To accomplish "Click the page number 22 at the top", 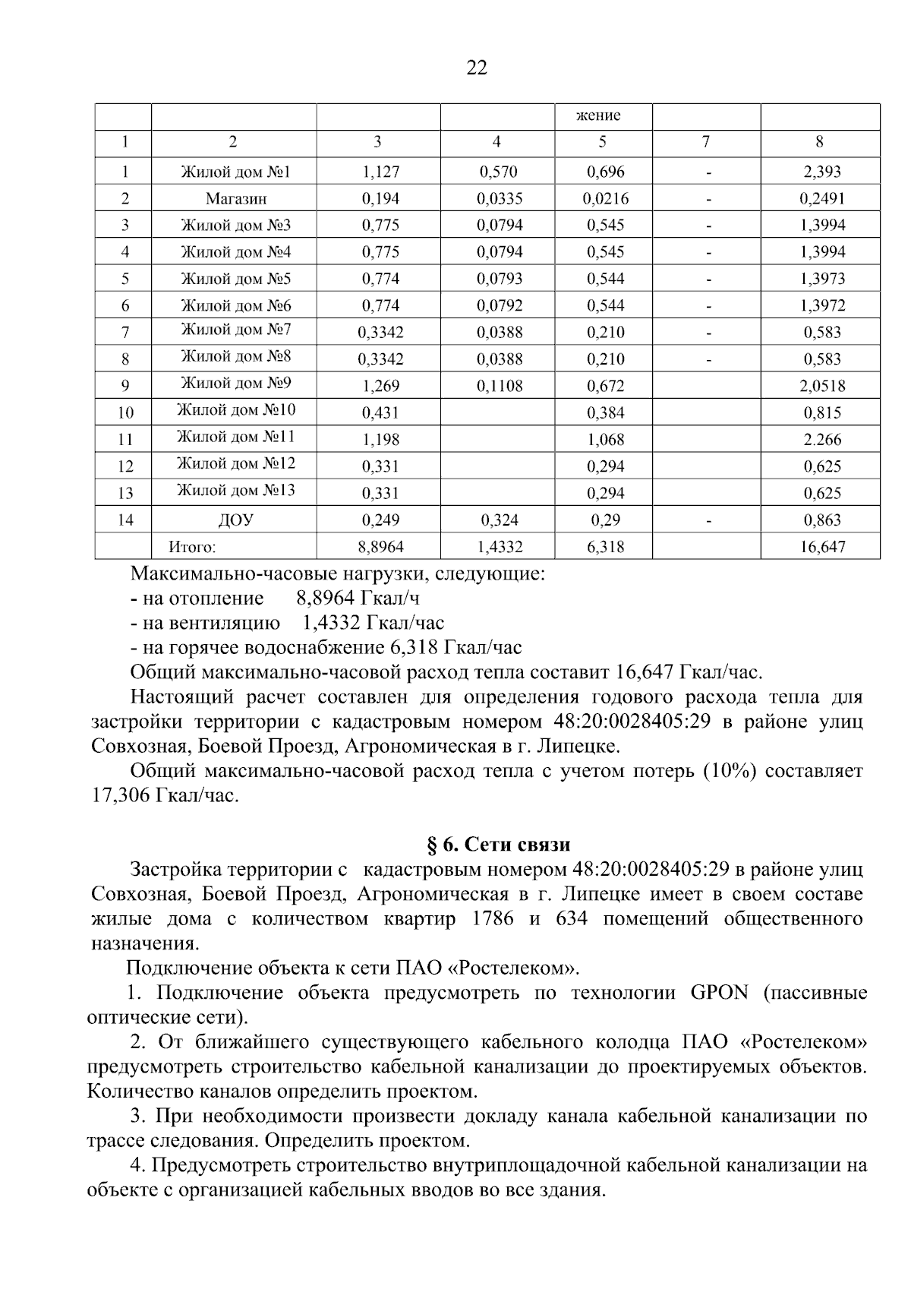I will (476, 68).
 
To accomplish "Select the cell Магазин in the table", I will (235, 199).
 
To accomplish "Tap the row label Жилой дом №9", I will (235, 384).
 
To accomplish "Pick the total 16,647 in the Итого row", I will (822, 547).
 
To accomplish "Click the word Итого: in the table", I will (192, 547).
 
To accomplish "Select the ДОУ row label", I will (235, 520).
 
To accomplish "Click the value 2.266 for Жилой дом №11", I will (822, 440).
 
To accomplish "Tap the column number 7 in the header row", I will (706, 141).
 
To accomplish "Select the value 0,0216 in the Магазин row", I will (605, 199).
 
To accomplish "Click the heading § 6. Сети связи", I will (496, 845).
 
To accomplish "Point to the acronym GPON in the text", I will (719, 993).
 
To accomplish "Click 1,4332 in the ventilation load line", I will (330, 623).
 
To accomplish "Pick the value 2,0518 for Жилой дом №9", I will (822, 386).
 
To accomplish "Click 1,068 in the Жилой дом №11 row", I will (605, 440).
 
